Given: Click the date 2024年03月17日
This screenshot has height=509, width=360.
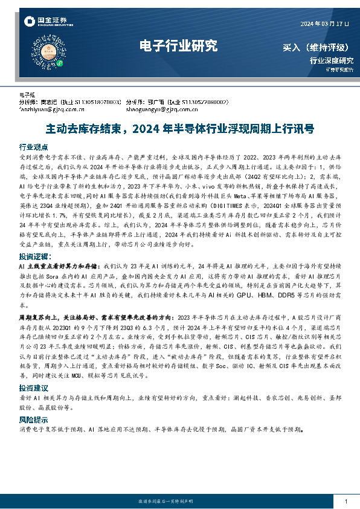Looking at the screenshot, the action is pyautogui.click(x=325, y=24).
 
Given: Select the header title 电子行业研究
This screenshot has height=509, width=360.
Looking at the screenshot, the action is pyautogui.click(x=178, y=45).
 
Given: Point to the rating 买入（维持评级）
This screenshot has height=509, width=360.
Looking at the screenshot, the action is pyautogui.click(x=317, y=47).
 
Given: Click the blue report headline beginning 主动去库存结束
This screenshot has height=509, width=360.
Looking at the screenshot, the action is pyautogui.click(x=179, y=129).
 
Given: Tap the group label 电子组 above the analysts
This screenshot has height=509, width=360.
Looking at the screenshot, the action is pyautogui.click(x=28, y=95).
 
